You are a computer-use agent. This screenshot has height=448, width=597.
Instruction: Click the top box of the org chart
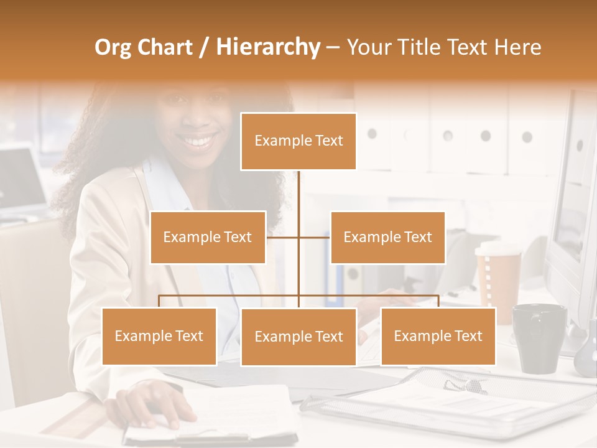tap(298, 141)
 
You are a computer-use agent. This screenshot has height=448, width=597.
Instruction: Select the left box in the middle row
tap(208, 237)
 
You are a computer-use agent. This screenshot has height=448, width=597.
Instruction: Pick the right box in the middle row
tap(387, 237)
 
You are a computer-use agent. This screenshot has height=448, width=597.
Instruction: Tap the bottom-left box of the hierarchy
tap(159, 336)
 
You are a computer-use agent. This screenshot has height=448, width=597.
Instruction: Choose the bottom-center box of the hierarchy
tap(298, 337)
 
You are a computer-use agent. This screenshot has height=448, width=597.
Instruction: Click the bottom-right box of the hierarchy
tap(438, 336)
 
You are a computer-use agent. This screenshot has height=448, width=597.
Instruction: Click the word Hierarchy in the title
tap(267, 47)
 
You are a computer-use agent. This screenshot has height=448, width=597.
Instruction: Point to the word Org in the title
tap(113, 47)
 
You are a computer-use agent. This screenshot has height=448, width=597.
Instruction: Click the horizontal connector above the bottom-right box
tap(404, 296)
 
